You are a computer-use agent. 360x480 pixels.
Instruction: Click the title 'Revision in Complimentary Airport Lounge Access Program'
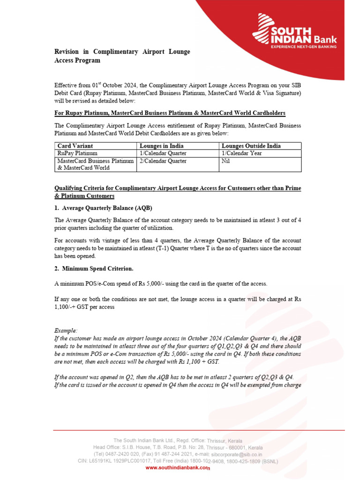click(122, 56)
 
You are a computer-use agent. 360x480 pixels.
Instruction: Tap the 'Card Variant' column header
click(75, 146)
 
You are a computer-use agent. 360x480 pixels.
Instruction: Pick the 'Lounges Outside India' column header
click(251, 146)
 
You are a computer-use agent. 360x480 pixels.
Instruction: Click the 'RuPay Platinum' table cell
click(77, 153)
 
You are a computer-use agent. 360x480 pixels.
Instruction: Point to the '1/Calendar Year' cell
click(242, 153)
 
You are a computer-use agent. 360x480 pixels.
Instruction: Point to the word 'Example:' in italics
click(66, 330)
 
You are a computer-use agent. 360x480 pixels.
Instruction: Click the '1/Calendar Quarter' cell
click(163, 153)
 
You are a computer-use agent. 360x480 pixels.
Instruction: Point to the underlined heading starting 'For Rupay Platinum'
click(170, 113)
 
